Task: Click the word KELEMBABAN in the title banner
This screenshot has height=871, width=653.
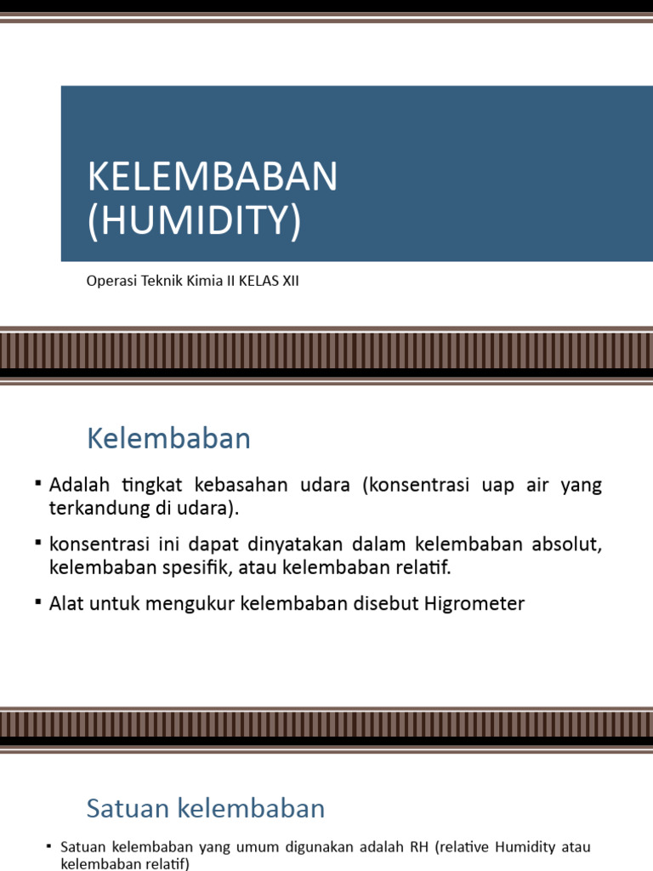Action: [213, 177]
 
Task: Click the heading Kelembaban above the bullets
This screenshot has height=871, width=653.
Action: [168, 439]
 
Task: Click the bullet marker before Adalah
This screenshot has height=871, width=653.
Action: [39, 483]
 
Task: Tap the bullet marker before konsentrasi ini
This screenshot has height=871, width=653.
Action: [39, 543]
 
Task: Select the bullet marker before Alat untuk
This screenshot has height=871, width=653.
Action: [39, 602]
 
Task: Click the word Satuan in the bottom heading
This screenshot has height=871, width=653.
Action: [124, 808]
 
